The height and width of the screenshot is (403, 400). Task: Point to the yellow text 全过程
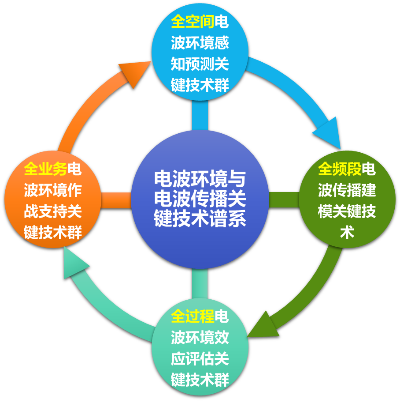point(193,316)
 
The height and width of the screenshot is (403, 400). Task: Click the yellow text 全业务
point(45,169)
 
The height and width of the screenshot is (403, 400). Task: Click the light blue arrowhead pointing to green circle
point(328,132)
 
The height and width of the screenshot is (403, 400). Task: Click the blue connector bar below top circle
point(200,115)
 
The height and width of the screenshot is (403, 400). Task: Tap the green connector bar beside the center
point(284,200)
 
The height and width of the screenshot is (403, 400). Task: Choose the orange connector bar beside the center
point(116,200)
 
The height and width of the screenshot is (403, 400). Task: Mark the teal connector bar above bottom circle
point(200,283)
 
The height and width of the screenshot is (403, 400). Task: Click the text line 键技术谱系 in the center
point(200,219)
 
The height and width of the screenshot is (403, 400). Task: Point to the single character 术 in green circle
point(347,233)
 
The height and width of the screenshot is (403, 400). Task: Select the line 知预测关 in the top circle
point(200,64)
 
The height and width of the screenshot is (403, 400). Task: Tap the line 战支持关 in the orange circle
point(53,211)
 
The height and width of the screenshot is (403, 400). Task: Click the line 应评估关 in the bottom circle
point(200,358)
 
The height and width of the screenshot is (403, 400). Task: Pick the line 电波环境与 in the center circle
point(200,179)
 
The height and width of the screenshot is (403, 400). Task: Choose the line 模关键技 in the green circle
point(347,211)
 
